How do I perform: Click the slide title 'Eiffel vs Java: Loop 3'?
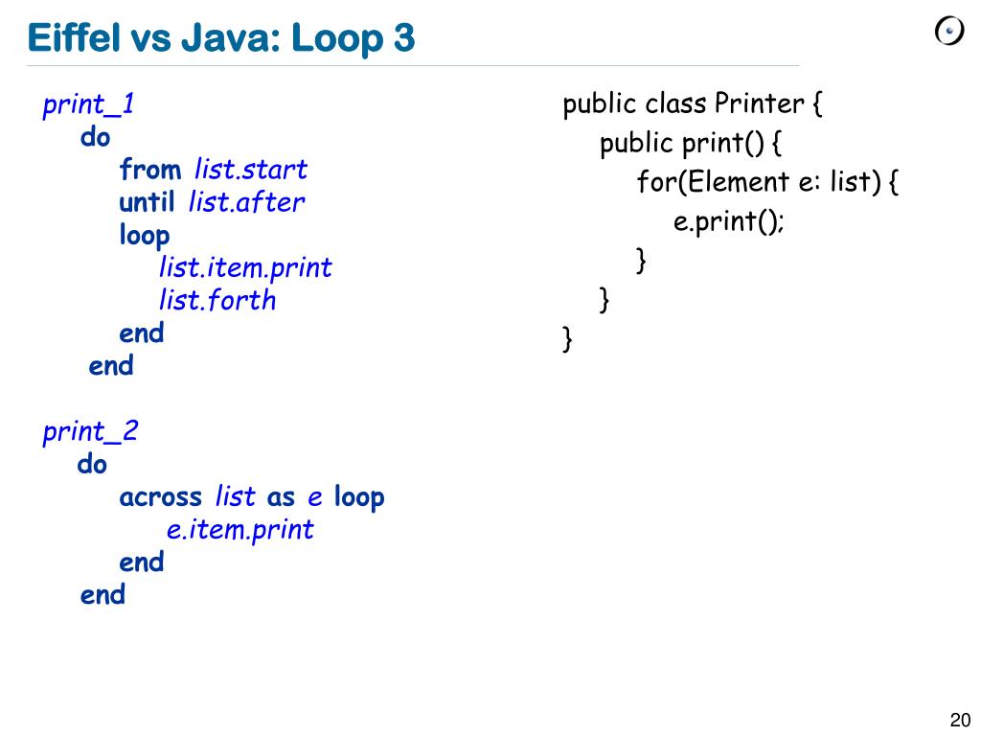point(221,38)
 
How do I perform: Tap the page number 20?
point(960,721)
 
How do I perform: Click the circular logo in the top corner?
point(948,32)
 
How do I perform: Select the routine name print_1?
point(88,104)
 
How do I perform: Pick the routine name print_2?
point(90,431)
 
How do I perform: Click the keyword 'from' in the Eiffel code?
point(149,170)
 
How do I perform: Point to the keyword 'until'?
point(147,202)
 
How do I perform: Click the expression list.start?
point(250,170)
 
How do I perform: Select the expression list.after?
point(246,202)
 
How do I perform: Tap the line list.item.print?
point(245,267)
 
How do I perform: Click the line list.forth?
point(217,300)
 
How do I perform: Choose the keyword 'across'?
point(160,496)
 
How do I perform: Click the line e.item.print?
point(240,529)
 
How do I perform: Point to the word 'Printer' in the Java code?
point(760,103)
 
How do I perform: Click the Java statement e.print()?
point(729,221)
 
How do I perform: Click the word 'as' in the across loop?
point(281,496)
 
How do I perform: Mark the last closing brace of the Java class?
point(567,338)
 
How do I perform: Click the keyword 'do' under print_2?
point(92,464)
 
